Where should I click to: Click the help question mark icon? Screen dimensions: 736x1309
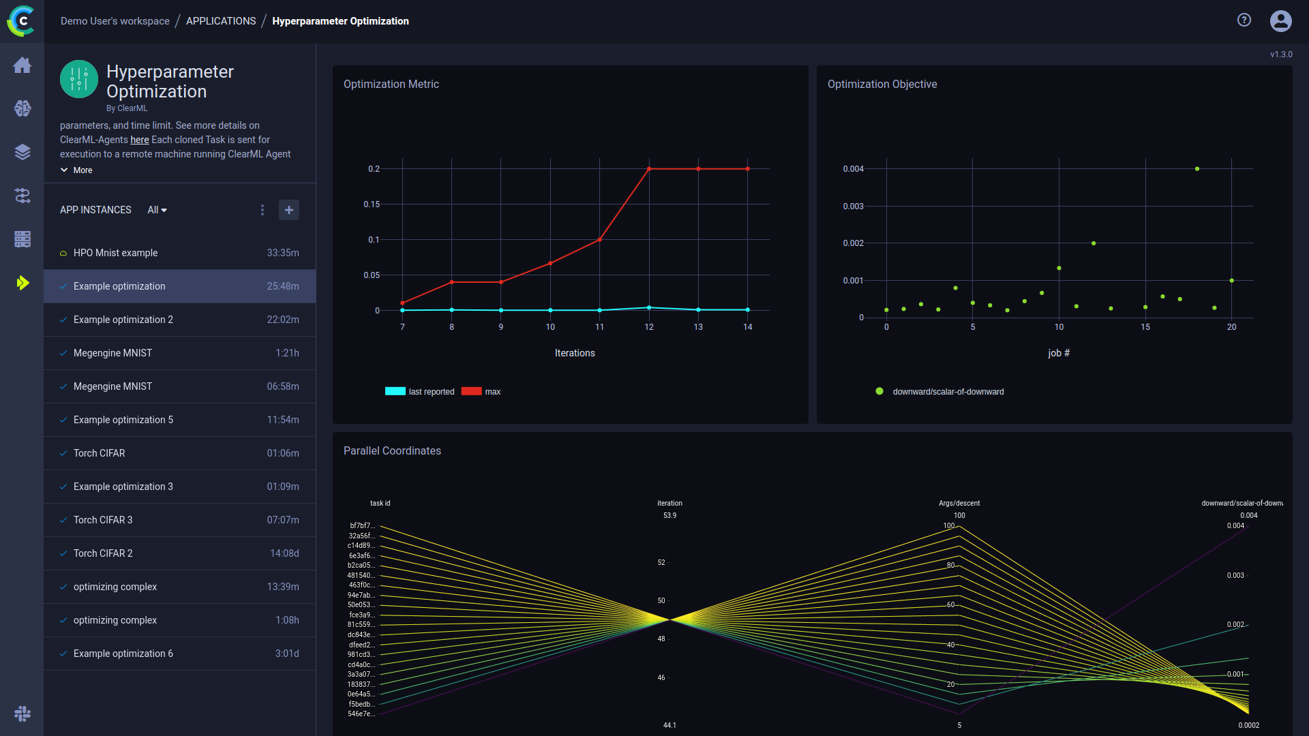click(x=1244, y=20)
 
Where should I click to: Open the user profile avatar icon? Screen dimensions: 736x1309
click(x=1280, y=21)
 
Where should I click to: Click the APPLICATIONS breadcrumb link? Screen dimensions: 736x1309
click(x=221, y=21)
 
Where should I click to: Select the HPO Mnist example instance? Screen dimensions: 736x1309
click(x=115, y=253)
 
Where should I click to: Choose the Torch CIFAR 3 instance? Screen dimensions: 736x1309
click(x=103, y=520)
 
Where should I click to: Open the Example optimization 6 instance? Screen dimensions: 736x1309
click(x=123, y=654)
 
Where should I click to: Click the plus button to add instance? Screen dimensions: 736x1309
click(x=289, y=210)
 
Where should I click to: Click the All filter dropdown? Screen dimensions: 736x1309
click(x=157, y=210)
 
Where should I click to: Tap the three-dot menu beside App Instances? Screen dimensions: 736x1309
click(x=262, y=210)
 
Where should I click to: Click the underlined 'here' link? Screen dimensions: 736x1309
click(x=140, y=140)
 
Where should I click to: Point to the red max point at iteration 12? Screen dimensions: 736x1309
click(x=649, y=169)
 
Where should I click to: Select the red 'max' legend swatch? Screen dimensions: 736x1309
click(x=471, y=392)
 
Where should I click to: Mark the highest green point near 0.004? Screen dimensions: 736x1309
click(x=1197, y=169)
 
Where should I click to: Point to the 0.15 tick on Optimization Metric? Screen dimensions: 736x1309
click(x=372, y=204)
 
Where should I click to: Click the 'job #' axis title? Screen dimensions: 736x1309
click(x=1059, y=353)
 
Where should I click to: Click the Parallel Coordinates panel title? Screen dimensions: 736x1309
click(x=392, y=451)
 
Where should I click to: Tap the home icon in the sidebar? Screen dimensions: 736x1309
click(x=22, y=65)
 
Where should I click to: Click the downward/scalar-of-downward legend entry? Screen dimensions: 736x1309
click(x=948, y=392)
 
